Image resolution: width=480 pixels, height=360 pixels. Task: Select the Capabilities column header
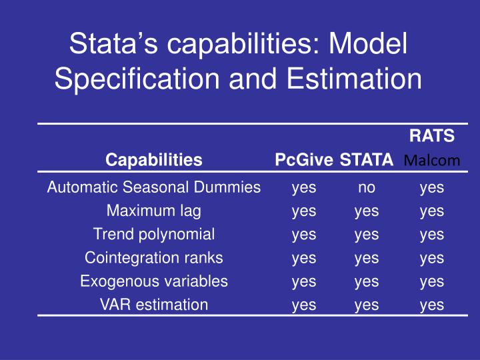click(154, 160)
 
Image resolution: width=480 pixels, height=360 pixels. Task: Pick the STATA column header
click(366, 160)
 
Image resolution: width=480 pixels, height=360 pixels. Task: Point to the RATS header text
click(432, 136)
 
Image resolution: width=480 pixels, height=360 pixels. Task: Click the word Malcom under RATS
click(432, 161)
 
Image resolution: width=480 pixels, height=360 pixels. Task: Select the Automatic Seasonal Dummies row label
click(154, 187)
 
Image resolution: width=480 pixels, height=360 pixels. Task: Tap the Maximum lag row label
click(154, 211)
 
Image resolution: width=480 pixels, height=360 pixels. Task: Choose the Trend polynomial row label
click(154, 234)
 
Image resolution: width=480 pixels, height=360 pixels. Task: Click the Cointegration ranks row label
click(154, 257)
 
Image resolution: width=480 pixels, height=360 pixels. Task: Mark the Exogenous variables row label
click(154, 281)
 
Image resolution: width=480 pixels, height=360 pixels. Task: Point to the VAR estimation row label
click(154, 305)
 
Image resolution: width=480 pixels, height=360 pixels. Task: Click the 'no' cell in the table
click(367, 188)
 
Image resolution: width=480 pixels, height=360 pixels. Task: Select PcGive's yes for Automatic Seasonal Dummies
click(304, 188)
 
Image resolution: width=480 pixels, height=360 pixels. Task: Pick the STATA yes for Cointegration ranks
click(367, 258)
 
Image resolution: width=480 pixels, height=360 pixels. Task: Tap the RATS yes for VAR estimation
click(432, 305)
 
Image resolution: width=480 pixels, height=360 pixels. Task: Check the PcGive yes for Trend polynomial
click(304, 235)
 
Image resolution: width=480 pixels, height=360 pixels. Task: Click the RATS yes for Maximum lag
click(432, 211)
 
